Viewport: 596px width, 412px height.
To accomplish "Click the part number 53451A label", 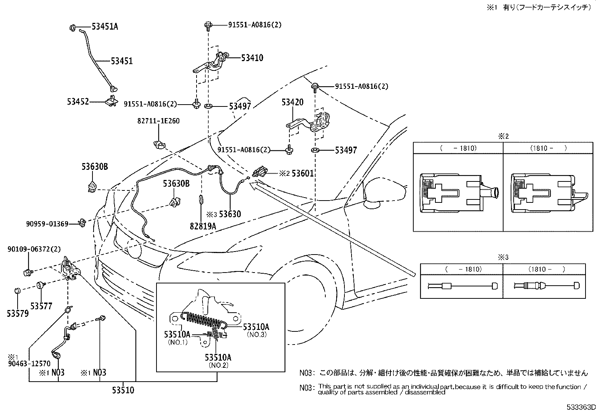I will pyautogui.click(x=105, y=27).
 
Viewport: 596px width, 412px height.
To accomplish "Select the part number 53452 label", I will pyautogui.click(x=78, y=102).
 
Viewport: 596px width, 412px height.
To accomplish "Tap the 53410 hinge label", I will pyautogui.click(x=252, y=58).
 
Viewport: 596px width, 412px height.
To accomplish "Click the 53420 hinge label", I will pyautogui.click(x=292, y=102).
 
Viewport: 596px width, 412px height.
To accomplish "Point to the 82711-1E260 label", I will pyautogui.click(x=158, y=121).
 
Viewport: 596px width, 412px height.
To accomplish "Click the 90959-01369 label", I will pyautogui.click(x=47, y=224).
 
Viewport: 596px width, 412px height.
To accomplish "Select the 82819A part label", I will pyautogui.click(x=203, y=226).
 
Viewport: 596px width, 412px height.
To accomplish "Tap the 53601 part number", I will pyautogui.click(x=302, y=173).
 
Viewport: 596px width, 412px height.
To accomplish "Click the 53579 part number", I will pyautogui.click(x=17, y=313).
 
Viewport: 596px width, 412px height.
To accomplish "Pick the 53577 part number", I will pyautogui.click(x=41, y=306).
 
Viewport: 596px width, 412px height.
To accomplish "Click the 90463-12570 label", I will pyautogui.click(x=28, y=364).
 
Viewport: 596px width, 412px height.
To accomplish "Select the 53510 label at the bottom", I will pyautogui.click(x=123, y=391).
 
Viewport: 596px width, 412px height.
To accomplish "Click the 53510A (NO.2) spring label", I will pyautogui.click(x=218, y=357).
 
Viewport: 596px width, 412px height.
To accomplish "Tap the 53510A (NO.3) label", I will pyautogui.click(x=256, y=327).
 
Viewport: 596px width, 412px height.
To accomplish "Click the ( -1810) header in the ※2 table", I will pyautogui.click(x=458, y=148).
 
